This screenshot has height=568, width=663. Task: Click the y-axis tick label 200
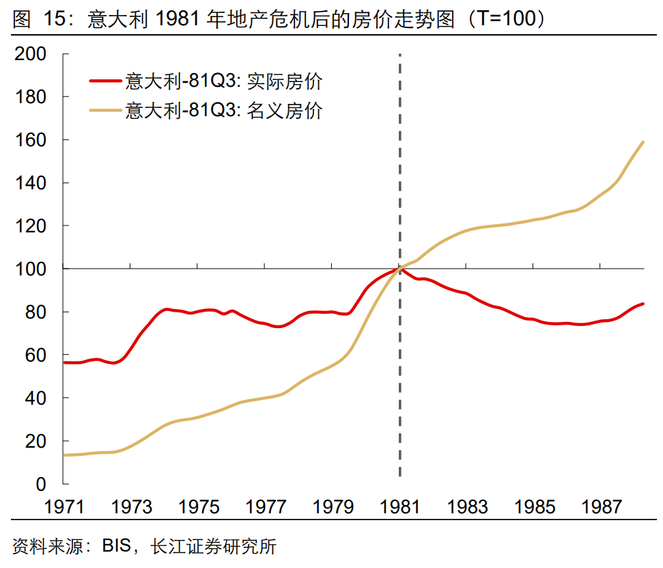30,54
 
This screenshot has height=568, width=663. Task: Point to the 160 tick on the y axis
30,140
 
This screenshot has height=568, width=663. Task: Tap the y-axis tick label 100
30,269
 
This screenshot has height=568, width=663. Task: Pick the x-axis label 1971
64,506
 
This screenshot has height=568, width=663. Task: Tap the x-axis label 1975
199,506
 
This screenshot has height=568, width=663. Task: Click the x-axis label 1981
400,506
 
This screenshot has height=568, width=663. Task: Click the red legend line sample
106,81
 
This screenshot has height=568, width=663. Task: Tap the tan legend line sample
106,109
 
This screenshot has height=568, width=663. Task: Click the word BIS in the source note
117,547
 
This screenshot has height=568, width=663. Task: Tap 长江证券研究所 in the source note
213,547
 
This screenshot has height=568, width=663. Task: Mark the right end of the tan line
643,142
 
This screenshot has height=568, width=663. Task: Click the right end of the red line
643,303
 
